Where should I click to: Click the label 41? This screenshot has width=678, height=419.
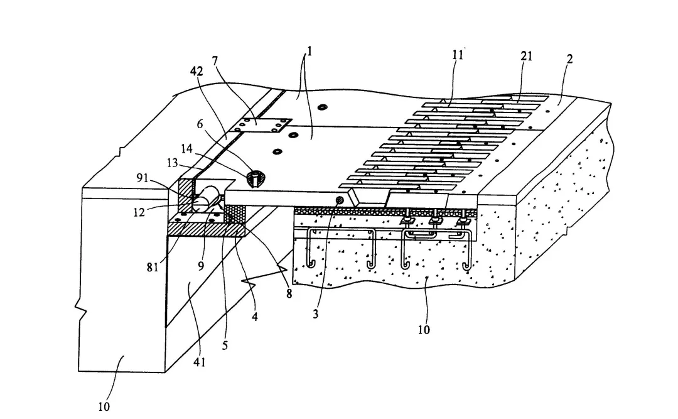point(200,362)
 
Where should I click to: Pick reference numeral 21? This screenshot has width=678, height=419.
point(526,56)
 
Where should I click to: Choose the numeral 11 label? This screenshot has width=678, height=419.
point(458,55)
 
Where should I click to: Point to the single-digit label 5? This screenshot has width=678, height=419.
point(225,345)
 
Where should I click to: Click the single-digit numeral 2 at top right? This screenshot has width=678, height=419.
point(569,60)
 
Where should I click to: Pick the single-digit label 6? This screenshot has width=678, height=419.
point(201,125)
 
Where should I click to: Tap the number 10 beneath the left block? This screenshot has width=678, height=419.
point(104,406)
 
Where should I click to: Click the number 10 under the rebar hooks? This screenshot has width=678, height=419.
point(424,329)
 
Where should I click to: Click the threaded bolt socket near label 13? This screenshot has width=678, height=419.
point(256,178)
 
